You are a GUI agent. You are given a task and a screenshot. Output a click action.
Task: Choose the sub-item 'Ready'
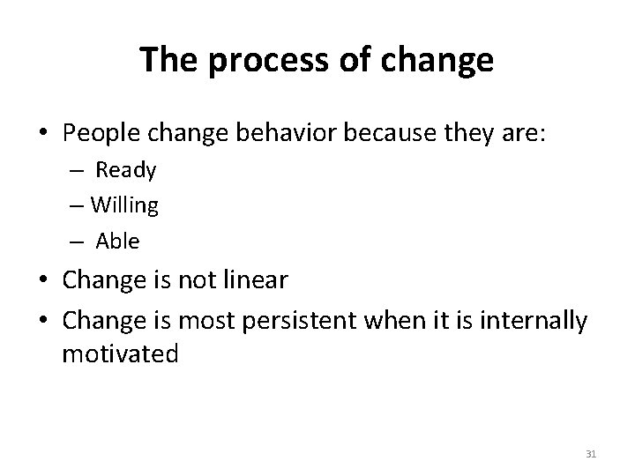pyautogui.click(x=125, y=170)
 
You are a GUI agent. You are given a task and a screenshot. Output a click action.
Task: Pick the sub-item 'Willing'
pyautogui.click(x=124, y=205)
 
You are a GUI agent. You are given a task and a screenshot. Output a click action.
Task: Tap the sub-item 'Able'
pyautogui.click(x=117, y=241)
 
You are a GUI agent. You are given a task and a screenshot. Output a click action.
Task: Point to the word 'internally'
pyautogui.click(x=534, y=322)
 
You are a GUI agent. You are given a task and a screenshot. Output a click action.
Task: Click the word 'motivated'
pyautogui.click(x=120, y=354)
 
